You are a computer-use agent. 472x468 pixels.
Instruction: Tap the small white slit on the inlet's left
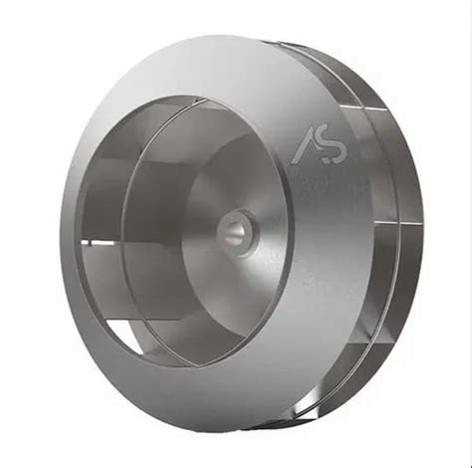tap(100, 239)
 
